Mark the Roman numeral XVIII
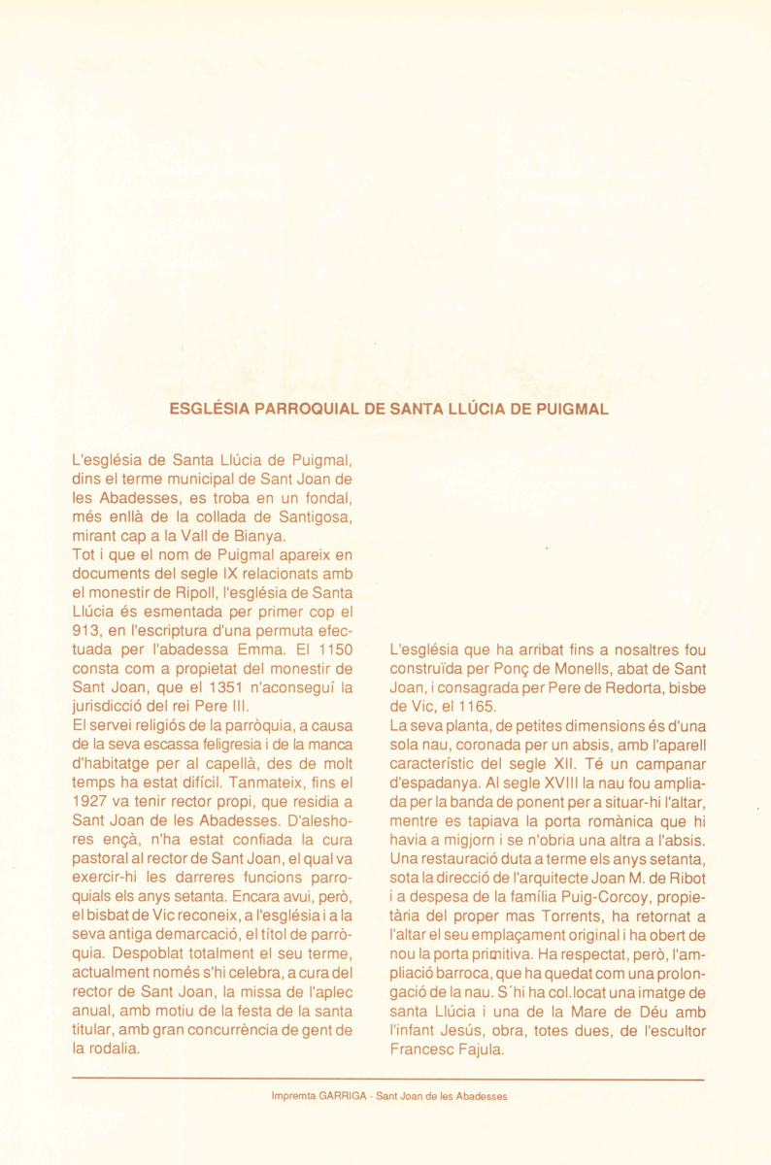pyautogui.click(x=553, y=782)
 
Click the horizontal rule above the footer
pyautogui.click(x=387, y=1079)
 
